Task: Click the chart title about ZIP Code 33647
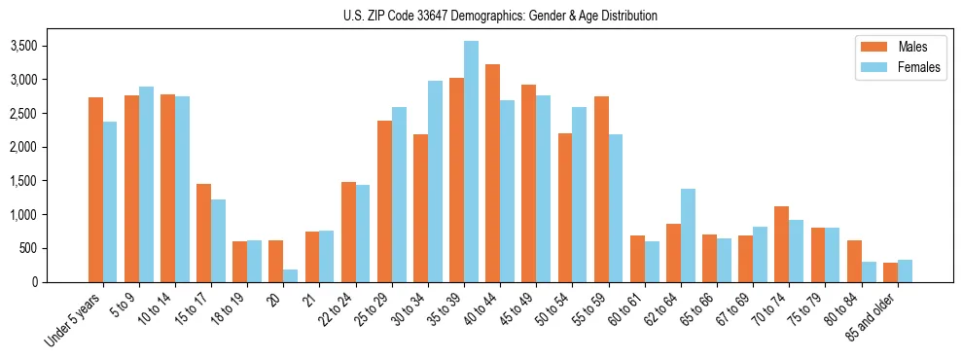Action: [500, 16]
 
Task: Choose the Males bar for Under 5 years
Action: [95, 190]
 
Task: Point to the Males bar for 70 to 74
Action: [781, 244]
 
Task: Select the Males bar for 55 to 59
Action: [601, 190]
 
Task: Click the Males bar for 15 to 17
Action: [203, 234]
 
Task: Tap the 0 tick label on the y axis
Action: [35, 282]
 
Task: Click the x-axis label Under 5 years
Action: [74, 321]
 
